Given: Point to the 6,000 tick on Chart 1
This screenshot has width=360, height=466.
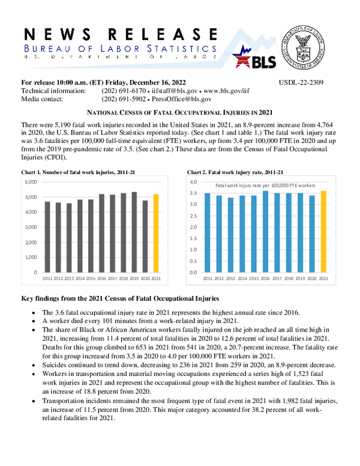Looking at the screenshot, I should (x=30, y=181).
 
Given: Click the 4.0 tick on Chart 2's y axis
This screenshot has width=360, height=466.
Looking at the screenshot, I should (x=193, y=181).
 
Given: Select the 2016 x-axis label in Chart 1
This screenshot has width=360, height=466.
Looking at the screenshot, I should (x=101, y=279).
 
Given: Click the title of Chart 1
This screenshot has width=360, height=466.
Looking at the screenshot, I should (x=78, y=172).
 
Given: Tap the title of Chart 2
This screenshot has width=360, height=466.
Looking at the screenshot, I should (x=227, y=172).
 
